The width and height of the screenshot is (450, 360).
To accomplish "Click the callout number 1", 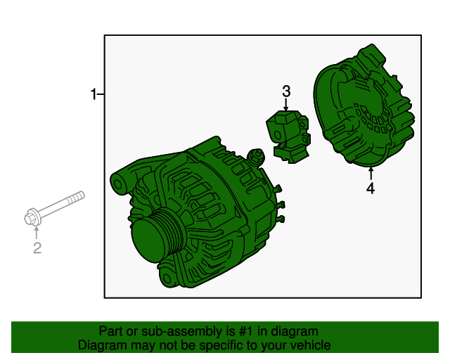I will [93, 94].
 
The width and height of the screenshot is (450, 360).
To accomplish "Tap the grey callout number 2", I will [37, 247].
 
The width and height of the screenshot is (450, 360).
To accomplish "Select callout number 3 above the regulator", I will [286, 91].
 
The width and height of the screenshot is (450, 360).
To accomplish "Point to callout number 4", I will [370, 188].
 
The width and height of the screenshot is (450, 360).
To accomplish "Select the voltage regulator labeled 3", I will [289, 134].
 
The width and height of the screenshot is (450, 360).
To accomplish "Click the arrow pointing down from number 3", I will [286, 104].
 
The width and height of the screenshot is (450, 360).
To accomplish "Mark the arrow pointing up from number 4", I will [370, 173].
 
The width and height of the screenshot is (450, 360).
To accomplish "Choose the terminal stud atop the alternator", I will [257, 156].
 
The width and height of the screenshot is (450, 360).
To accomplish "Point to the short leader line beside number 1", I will [101, 94].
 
